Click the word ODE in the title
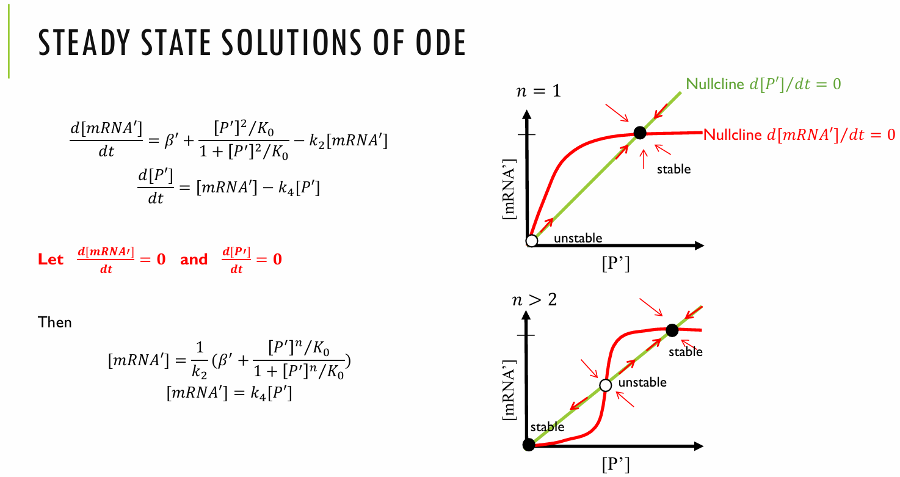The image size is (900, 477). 434,43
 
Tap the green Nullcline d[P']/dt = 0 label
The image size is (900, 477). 763,84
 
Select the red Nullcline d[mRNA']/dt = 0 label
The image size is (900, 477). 799,135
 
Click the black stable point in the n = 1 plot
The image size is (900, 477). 639,133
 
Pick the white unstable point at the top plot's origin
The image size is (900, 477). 531,241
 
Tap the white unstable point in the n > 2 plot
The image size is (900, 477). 605,385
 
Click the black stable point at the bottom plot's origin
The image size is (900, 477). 529,445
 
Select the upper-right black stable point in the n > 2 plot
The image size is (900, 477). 672,330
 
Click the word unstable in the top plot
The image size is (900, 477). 578,238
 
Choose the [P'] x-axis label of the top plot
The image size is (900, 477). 615,264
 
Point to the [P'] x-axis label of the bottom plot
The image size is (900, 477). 615,465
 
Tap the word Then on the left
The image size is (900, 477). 55,322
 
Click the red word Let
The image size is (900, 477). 50,259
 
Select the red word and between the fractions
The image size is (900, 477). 194,259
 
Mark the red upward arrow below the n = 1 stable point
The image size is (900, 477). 642,159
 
